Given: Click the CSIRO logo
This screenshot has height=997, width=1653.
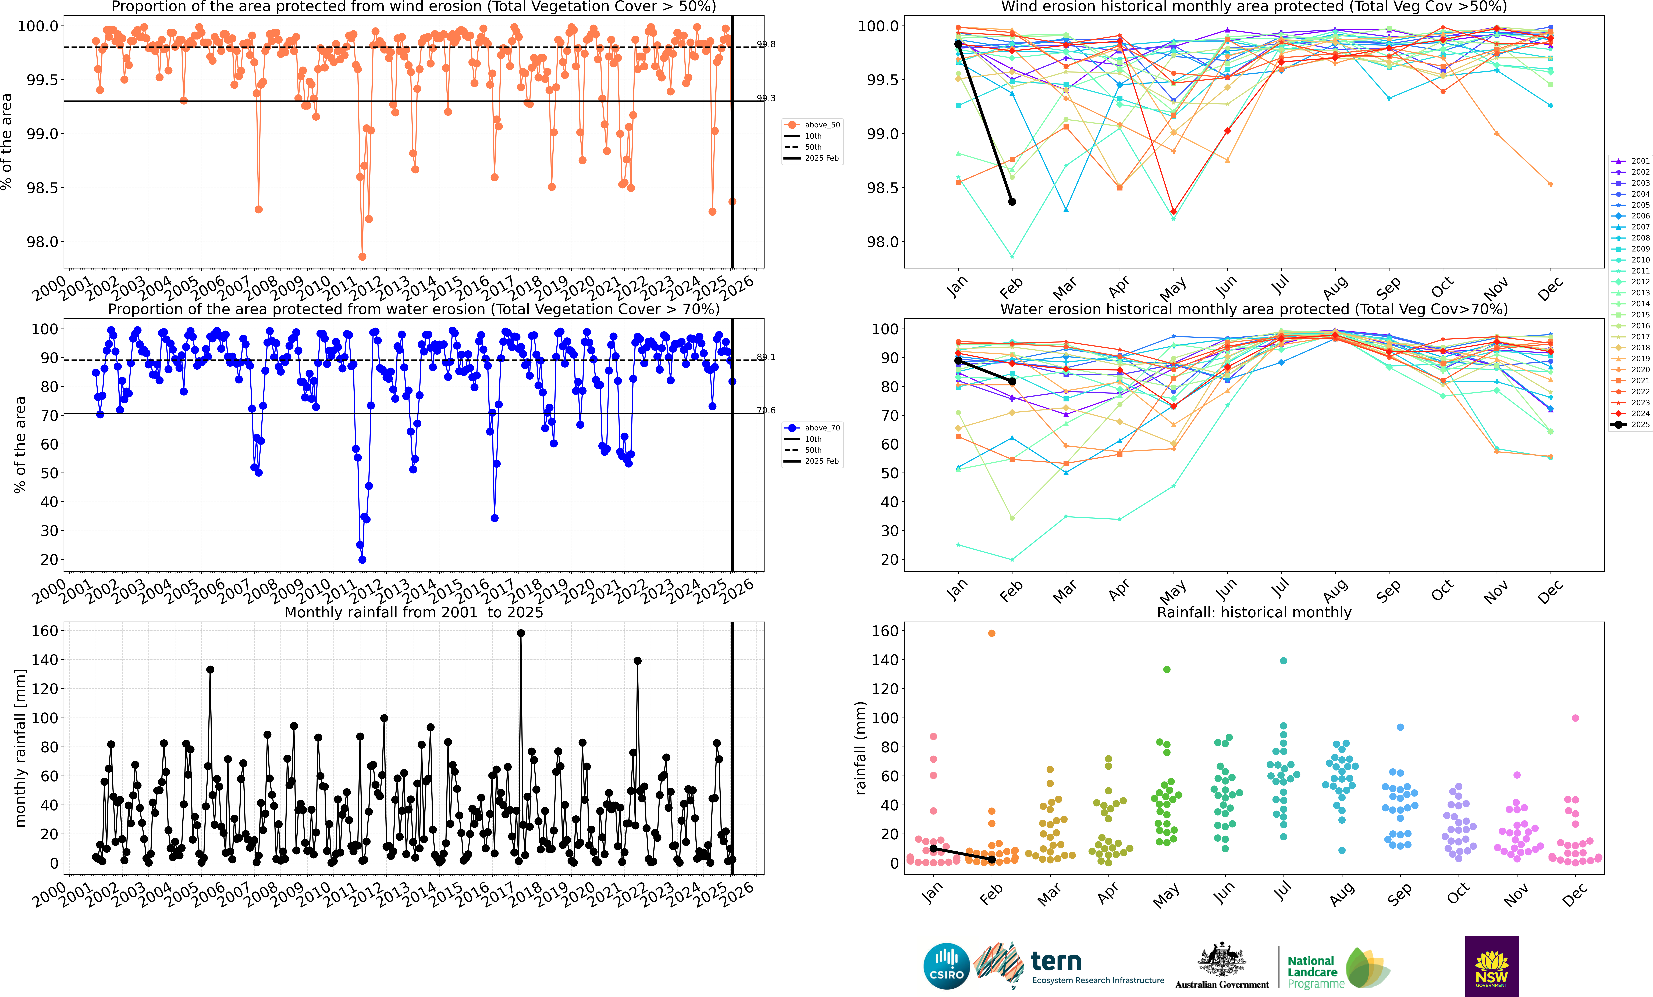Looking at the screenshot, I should pyautogui.click(x=947, y=966).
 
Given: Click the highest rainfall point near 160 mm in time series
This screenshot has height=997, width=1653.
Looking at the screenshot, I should pyautogui.click(x=521, y=633).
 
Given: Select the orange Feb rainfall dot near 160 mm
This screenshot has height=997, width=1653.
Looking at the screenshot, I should pyautogui.click(x=991, y=633).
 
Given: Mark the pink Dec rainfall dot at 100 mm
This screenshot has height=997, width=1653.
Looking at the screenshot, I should pyautogui.click(x=1575, y=718).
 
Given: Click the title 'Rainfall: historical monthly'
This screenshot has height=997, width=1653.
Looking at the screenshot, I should pyautogui.click(x=1254, y=612).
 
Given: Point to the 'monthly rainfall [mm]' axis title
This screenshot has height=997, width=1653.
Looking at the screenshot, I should pyautogui.click(x=20, y=748).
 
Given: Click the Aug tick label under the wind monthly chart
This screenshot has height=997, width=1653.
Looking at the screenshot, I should pyautogui.click(x=1335, y=288).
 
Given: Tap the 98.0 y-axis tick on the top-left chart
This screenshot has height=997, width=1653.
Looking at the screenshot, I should pyautogui.click(x=42, y=242).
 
